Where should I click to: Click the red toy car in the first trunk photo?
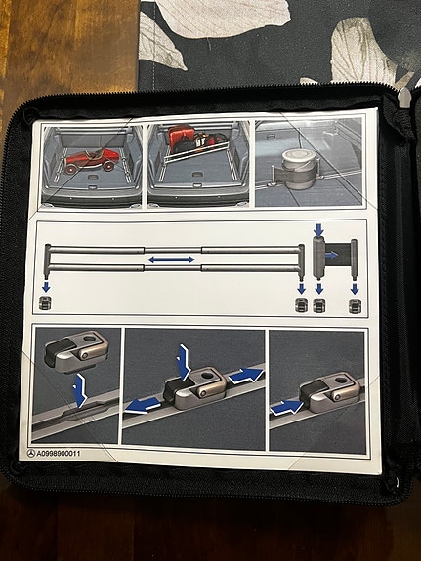click(x=89, y=161)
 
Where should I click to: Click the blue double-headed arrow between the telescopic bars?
click(x=171, y=260)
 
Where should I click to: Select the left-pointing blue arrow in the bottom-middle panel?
click(x=146, y=402)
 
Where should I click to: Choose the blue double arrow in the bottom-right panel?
click(x=289, y=403)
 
